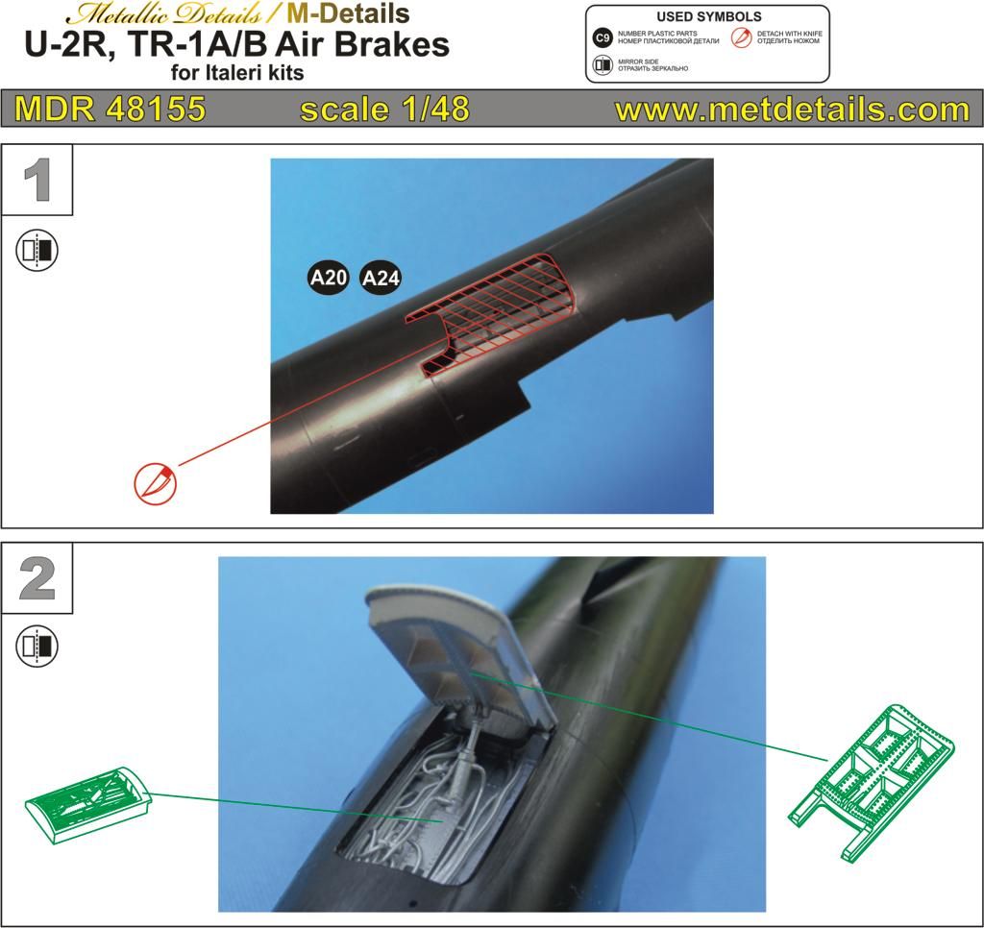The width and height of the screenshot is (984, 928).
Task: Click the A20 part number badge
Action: pos(329,277)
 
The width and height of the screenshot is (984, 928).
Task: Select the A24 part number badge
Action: pos(381,278)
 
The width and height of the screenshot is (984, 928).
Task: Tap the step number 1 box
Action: pos(37,180)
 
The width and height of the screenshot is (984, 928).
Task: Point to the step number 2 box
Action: pos(37,578)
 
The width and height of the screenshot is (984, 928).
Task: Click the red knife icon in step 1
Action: pos(156,483)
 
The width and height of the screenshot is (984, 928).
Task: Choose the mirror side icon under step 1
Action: pos(37,250)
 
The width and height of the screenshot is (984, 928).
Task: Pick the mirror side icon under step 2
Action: pos(37,647)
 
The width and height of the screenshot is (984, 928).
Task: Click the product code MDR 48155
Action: pos(110,109)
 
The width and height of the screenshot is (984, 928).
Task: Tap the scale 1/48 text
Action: pos(384,110)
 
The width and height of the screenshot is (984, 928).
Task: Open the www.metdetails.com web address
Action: pos(793,110)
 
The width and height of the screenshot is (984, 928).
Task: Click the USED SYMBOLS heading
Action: pos(709,17)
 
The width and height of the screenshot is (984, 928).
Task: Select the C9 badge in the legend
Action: pos(603,38)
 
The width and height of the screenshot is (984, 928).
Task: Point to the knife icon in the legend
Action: pos(742,37)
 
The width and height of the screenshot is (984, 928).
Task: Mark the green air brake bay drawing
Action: pos(87,805)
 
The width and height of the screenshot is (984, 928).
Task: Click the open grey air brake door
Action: pos(458,652)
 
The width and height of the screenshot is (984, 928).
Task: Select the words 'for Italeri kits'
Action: pos(237,73)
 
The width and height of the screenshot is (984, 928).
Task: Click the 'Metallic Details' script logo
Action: pos(164,13)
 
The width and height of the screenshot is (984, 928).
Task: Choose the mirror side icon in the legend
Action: pos(603,64)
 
